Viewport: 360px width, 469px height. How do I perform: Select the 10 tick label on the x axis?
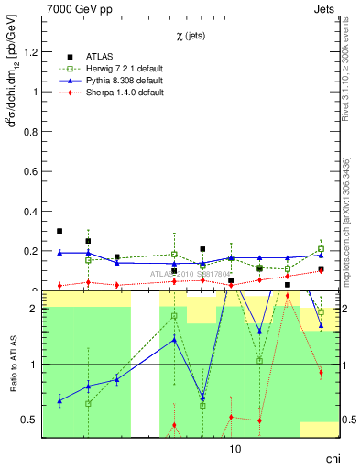coord(235,449)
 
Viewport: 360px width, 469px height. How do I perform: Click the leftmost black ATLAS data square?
coord(60,231)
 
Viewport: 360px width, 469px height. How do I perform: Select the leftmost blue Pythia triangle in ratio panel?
coord(60,400)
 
